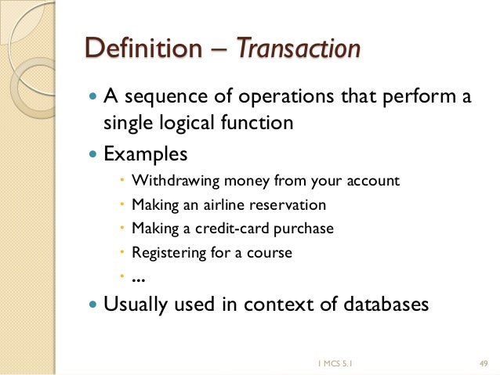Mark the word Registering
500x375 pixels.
point(165,253)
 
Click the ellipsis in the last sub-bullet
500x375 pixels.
point(139,278)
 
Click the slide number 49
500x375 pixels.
point(483,362)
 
